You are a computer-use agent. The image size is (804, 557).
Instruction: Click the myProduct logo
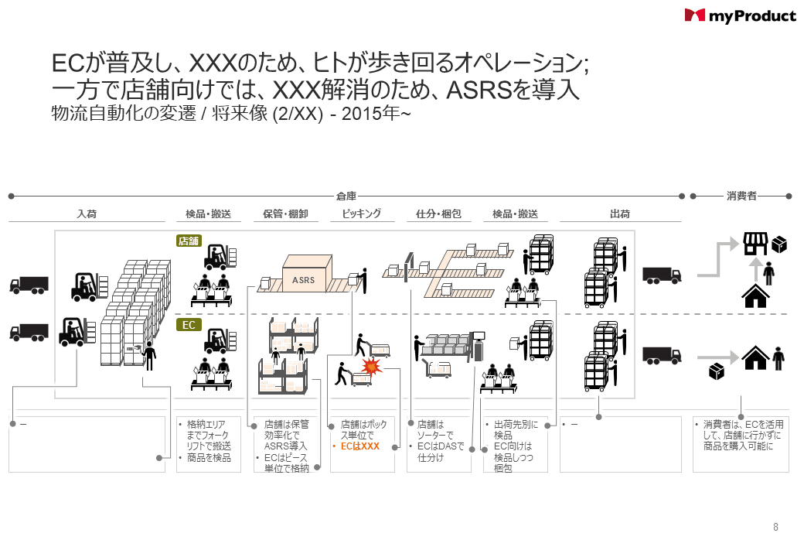coord(740,15)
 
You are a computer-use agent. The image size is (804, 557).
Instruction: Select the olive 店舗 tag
coord(189,241)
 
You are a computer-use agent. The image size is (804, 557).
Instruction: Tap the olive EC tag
coord(189,325)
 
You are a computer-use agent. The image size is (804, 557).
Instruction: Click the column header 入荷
coord(87,214)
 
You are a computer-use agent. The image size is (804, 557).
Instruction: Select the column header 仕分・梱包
coord(438,214)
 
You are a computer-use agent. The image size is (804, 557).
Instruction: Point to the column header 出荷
coord(620,214)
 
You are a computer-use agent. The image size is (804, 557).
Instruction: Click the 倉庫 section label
coord(346,196)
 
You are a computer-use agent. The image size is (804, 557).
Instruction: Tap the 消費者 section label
coord(741,196)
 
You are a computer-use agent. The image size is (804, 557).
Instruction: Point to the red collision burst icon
coord(372,365)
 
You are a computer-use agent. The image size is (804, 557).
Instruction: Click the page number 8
coord(775,528)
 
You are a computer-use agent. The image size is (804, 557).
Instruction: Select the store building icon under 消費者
coord(755,244)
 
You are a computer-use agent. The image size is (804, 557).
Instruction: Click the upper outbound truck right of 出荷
coord(662,275)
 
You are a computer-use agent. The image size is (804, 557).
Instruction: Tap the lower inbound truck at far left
coord(29,332)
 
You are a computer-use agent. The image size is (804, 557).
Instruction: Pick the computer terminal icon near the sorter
coord(479,340)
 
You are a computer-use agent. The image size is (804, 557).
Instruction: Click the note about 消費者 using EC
coord(742,436)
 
